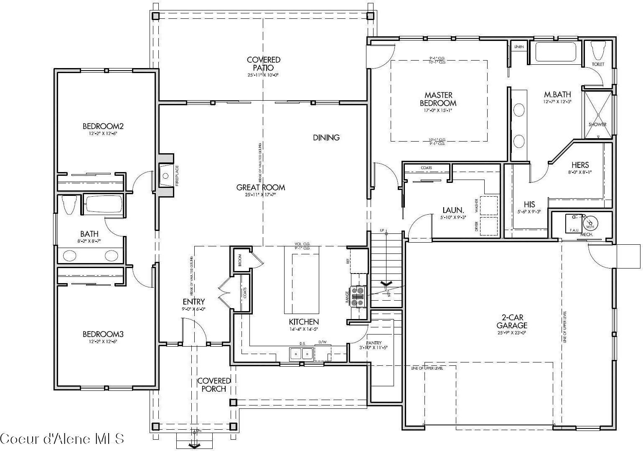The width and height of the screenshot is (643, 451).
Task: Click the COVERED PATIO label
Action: pyautogui.click(x=263, y=64)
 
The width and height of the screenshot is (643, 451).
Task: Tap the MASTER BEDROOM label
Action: pyautogui.click(x=438, y=99)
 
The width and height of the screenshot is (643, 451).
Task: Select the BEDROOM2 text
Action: pyautogui.click(x=103, y=126)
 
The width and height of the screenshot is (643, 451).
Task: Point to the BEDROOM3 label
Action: pyautogui.click(x=103, y=334)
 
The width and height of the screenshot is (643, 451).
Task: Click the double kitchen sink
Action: pyautogui.click(x=302, y=354)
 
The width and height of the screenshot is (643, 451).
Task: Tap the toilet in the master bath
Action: pyautogui.click(x=598, y=51)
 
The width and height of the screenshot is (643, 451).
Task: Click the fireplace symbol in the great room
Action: pyautogui.click(x=166, y=176)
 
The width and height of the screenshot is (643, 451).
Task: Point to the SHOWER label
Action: pyautogui.click(x=597, y=124)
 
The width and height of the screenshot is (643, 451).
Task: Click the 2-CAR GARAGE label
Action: pyautogui.click(x=512, y=322)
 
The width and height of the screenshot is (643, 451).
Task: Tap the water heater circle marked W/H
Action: pyautogui.click(x=590, y=223)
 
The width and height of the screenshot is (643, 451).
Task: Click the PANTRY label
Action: pyautogui.click(x=374, y=343)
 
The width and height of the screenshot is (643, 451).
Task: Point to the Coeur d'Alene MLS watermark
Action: pyautogui.click(x=62, y=439)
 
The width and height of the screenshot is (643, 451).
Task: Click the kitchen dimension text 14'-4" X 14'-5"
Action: pyautogui.click(x=304, y=329)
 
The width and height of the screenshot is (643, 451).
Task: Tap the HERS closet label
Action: pyautogui.click(x=580, y=165)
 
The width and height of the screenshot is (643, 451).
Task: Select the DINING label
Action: pyautogui.click(x=326, y=137)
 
